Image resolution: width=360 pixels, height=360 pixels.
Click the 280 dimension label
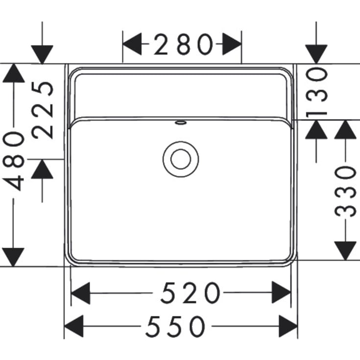click(x=182, y=46)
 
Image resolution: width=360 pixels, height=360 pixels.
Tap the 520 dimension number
click(x=191, y=294)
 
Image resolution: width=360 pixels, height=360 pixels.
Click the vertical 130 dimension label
click(x=317, y=92)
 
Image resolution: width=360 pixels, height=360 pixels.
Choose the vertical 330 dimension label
click(x=346, y=191)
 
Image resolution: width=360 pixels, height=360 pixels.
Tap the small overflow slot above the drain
click(x=181, y=122)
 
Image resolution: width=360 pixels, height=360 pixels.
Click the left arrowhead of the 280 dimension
click(x=132, y=46)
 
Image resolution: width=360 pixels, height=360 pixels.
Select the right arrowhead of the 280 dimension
click(x=232, y=46)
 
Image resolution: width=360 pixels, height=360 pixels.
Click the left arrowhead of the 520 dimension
click(x=81, y=294)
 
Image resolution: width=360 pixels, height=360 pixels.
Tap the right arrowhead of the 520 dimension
click(x=282, y=294)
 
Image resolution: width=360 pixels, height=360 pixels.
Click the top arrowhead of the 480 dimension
click(x=13, y=73)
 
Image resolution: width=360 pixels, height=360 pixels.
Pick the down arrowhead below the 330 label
click(x=346, y=250)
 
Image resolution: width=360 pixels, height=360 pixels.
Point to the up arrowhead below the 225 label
click(x=43, y=169)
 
